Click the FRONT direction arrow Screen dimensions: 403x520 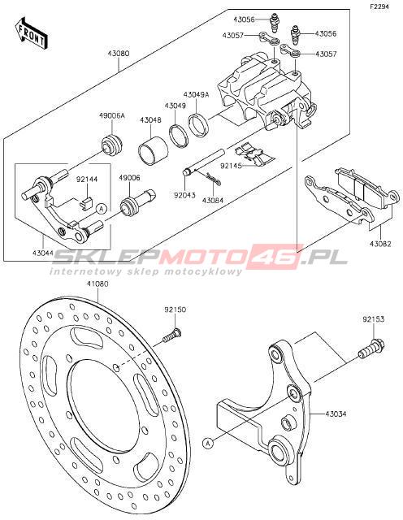tap(32, 34)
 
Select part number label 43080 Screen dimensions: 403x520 tap(119, 53)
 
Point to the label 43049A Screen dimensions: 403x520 tap(197, 94)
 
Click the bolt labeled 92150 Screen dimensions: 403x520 tap(172, 335)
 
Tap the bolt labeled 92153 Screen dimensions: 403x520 tap(371, 349)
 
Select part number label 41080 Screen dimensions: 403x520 tap(97, 284)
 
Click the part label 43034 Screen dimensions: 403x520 tap(336, 414)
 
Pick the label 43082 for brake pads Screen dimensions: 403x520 tap(380, 244)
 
